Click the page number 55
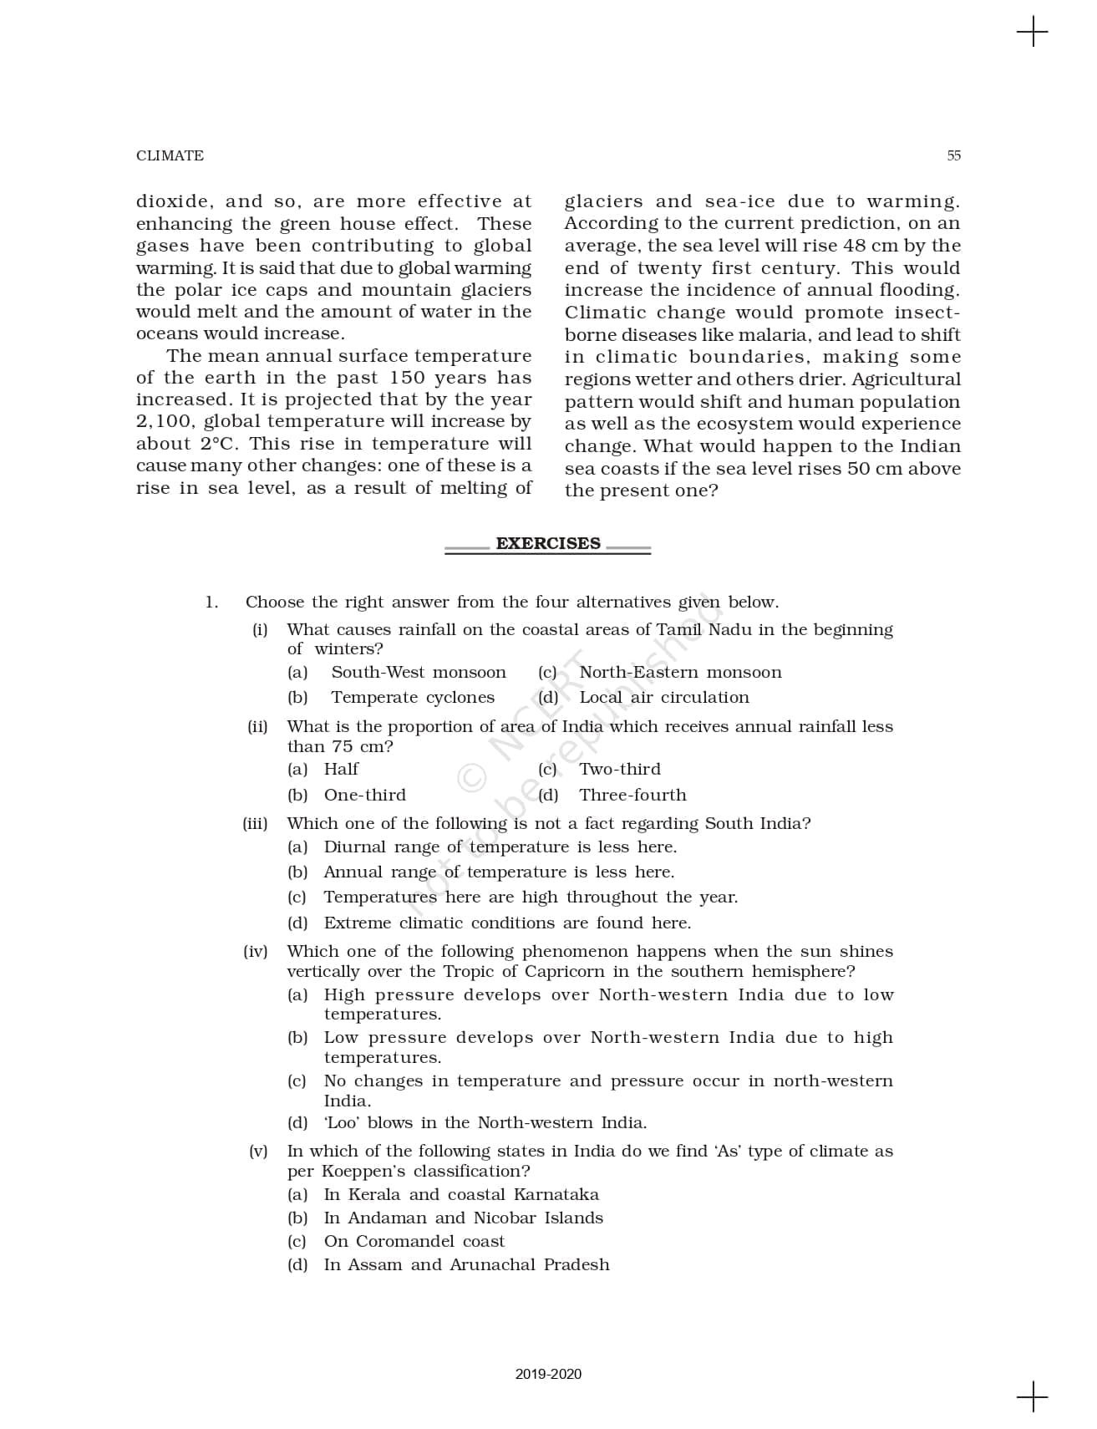(953, 155)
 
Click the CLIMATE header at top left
(170, 155)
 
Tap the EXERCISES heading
(547, 543)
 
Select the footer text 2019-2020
(548, 1374)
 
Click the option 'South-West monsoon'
(418, 673)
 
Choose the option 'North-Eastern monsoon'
(680, 673)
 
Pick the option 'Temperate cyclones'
(413, 698)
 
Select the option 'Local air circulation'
(664, 698)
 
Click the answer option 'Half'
(341, 770)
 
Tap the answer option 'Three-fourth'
(632, 796)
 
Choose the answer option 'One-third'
(365, 796)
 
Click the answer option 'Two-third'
(620, 770)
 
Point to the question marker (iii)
(255, 824)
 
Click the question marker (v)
(258, 1152)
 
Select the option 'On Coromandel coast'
(414, 1242)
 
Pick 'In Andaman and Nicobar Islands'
(463, 1218)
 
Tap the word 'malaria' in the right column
(779, 335)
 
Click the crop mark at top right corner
(1032, 33)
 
